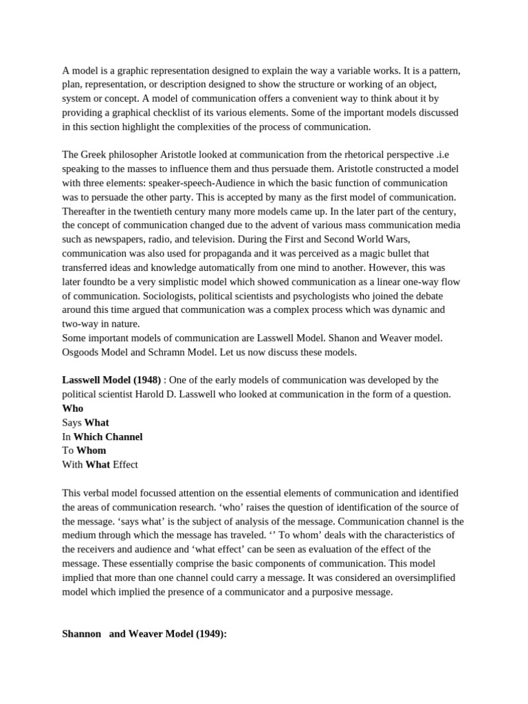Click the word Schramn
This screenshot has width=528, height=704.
[185, 352]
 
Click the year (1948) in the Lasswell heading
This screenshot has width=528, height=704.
[145, 380]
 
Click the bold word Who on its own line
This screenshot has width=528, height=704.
[72, 408]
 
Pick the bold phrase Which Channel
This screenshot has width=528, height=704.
[108, 437]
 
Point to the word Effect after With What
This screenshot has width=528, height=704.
[125, 465]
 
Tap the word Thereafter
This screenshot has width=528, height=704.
[86, 211]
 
